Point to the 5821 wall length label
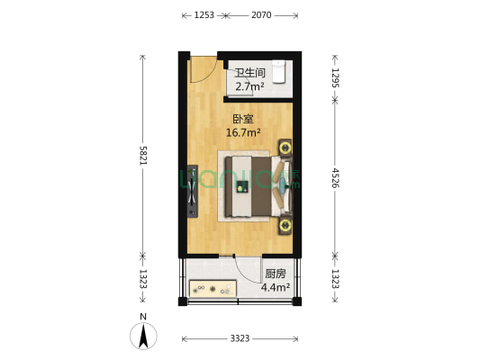click(x=141, y=154)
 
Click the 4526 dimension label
click(x=335, y=177)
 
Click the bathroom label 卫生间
click(x=249, y=74)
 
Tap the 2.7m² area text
click(x=249, y=87)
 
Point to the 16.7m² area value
click(x=243, y=133)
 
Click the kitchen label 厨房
click(x=276, y=274)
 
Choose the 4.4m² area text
click(x=276, y=289)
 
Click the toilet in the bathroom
click(x=280, y=70)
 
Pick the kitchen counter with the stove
click(x=213, y=289)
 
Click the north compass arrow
click(x=142, y=337)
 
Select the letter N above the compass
click(x=142, y=316)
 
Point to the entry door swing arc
click(x=204, y=68)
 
